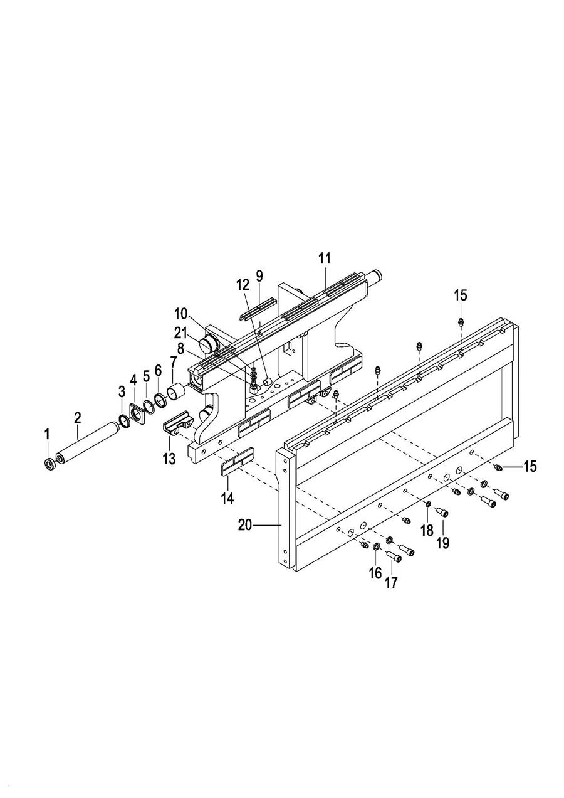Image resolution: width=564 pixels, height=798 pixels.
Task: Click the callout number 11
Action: [x=325, y=258]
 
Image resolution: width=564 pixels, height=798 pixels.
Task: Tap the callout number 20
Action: [x=245, y=526]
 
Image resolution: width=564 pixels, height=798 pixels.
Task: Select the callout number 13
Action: [x=169, y=459]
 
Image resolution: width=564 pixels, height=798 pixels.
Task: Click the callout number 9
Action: [x=259, y=275]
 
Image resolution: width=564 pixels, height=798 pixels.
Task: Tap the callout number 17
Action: [x=390, y=583]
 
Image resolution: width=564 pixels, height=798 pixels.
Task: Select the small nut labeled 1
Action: [x=49, y=464]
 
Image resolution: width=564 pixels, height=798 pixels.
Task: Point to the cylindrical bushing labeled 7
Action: [x=176, y=393]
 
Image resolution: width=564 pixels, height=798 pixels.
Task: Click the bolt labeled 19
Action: [x=442, y=513]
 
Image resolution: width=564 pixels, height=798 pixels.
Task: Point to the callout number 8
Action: [x=180, y=349]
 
